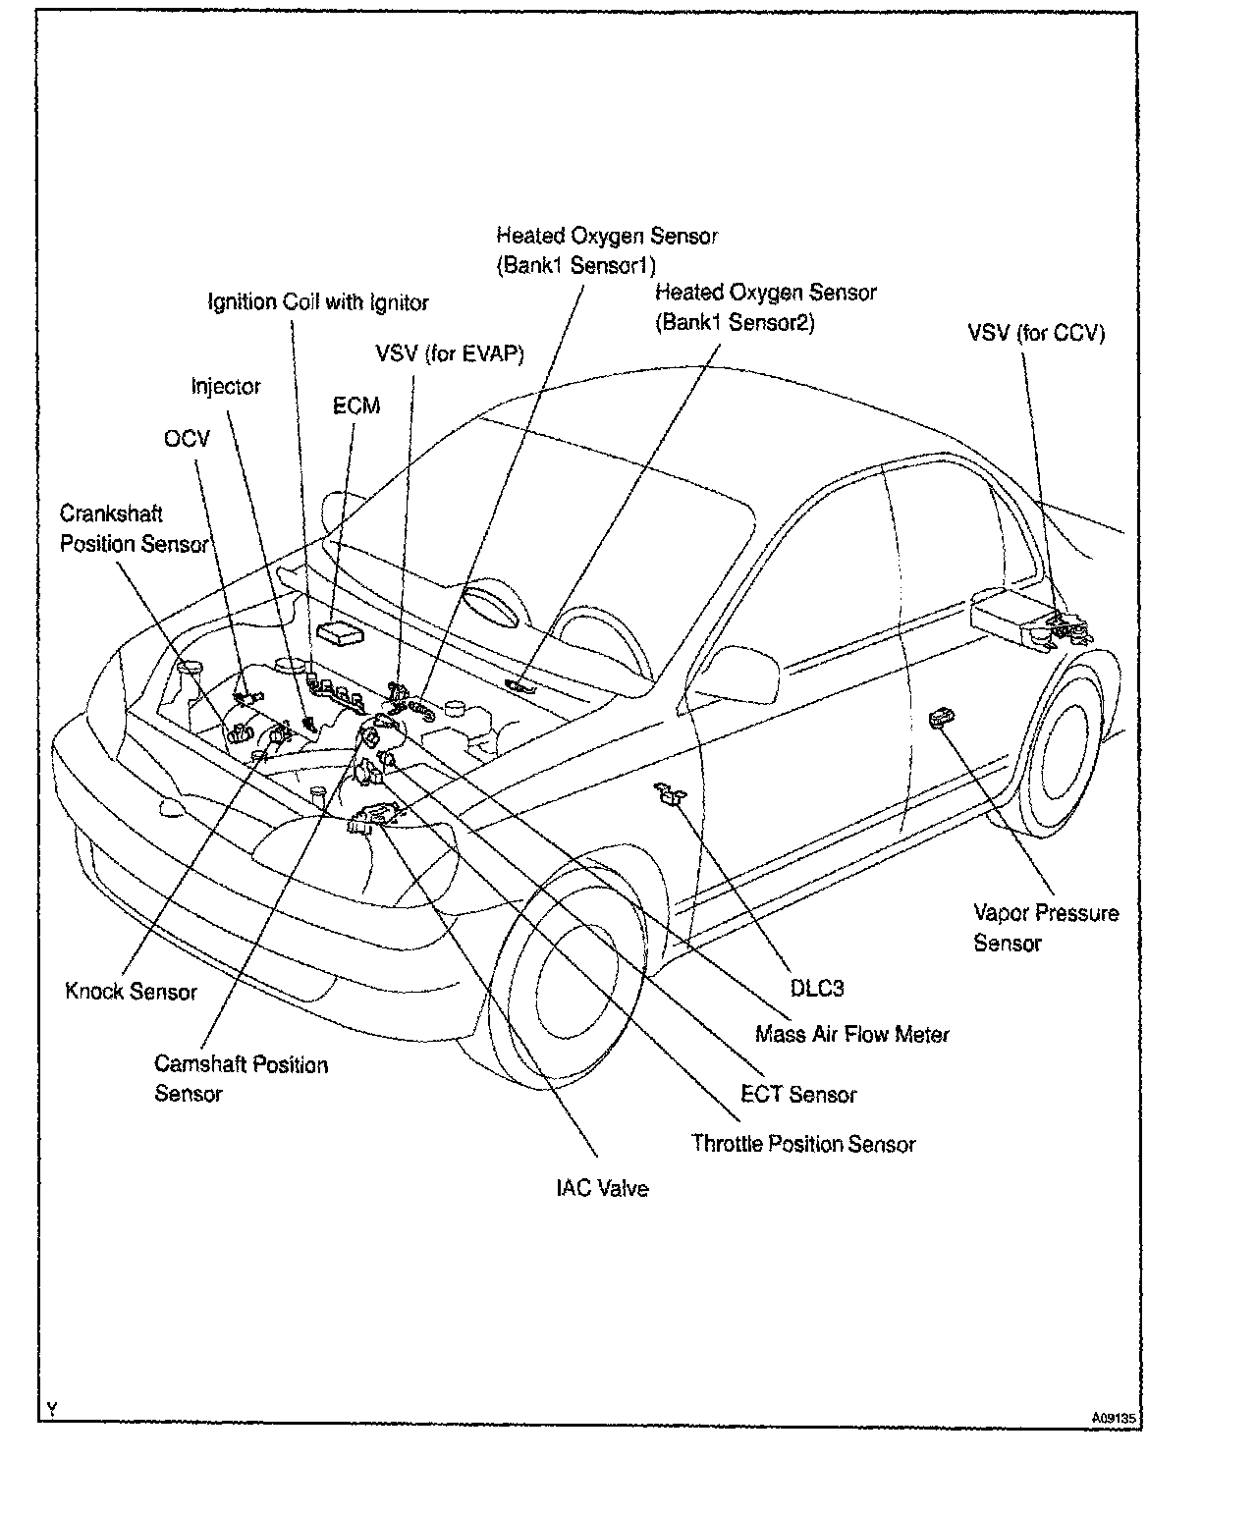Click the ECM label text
tap(355, 406)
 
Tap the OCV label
tap(187, 438)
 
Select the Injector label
tap(226, 386)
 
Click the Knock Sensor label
tap(132, 992)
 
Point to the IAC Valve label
tap(602, 1188)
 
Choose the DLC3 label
tap(817, 988)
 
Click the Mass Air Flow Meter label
tap(851, 1034)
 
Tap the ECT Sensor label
tap(798, 1094)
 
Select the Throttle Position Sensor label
tap(802, 1144)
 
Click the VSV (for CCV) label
tap(1036, 333)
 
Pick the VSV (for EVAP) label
tap(450, 353)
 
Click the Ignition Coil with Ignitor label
tap(318, 301)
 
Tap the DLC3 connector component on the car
tap(672, 795)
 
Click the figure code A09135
tap(1114, 1418)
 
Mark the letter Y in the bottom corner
tap(51, 1410)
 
